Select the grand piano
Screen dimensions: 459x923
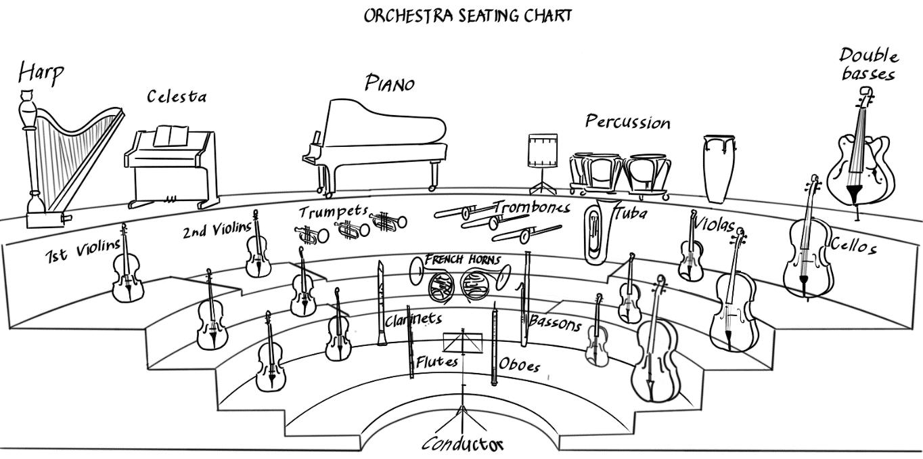click(376, 142)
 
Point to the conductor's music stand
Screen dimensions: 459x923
click(462, 343)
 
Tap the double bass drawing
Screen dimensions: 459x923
click(859, 156)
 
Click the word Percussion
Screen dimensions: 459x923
click(627, 122)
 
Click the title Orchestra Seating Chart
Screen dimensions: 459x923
click(468, 16)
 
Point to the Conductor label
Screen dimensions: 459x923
click(463, 444)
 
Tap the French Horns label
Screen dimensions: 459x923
click(463, 260)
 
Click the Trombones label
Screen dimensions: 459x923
click(531, 206)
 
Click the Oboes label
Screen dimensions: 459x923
click(520, 365)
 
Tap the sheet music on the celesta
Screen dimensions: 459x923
click(170, 135)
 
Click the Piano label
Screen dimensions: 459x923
click(390, 83)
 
